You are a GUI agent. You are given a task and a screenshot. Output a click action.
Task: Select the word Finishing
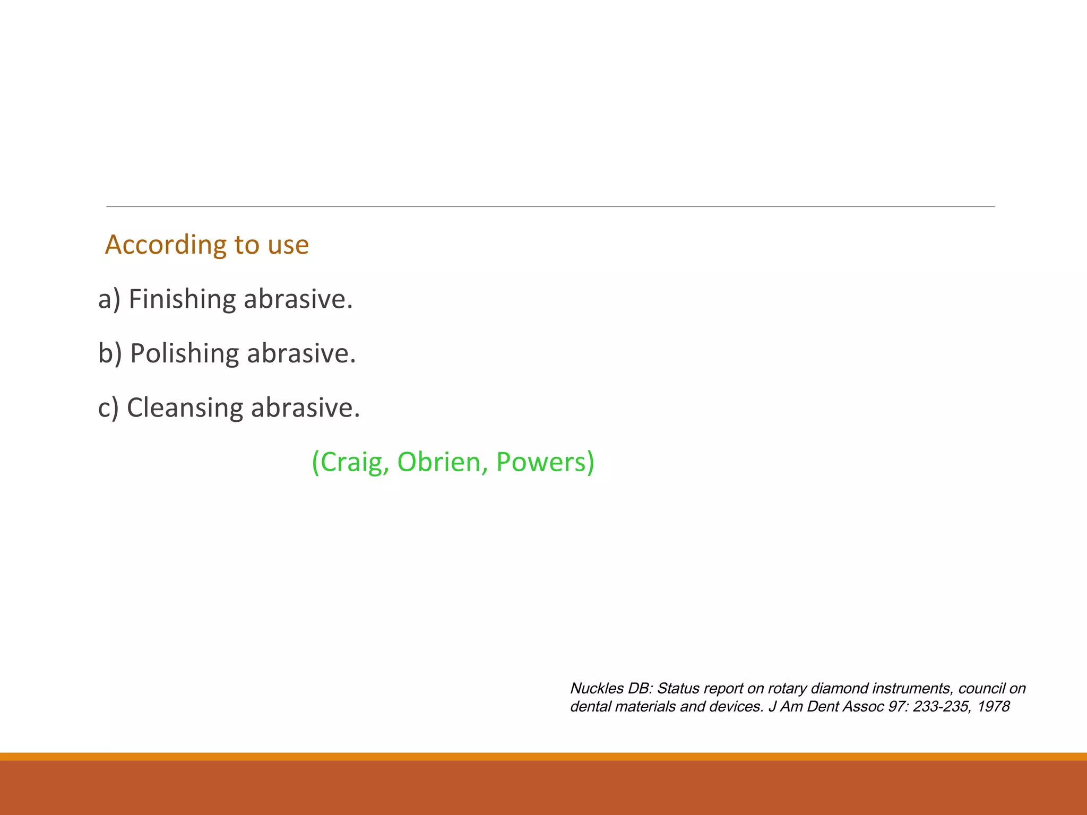(x=182, y=299)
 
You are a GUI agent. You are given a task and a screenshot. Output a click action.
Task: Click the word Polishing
(x=184, y=353)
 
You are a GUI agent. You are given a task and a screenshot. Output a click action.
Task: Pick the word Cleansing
(x=185, y=408)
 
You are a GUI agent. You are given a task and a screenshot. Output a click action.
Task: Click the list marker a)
(x=109, y=299)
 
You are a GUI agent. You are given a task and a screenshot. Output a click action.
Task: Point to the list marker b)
(x=110, y=353)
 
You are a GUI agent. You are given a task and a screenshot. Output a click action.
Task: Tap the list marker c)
(x=108, y=408)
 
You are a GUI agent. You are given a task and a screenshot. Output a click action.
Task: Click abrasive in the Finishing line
(x=298, y=299)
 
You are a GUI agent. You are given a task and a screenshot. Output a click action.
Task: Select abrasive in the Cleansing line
(x=305, y=408)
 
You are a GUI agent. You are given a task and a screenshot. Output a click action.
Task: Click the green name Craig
(x=351, y=462)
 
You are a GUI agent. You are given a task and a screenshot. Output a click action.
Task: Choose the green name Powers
(x=544, y=462)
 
